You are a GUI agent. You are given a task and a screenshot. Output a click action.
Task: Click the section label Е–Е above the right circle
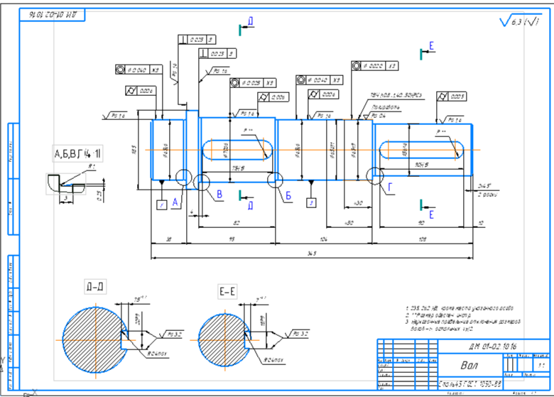tap(227, 292)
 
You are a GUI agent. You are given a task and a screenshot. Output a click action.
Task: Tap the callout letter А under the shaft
tap(175, 202)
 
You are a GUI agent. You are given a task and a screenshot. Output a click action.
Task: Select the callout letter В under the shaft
tap(219, 194)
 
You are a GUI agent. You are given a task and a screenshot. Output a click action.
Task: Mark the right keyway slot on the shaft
tap(422, 150)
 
